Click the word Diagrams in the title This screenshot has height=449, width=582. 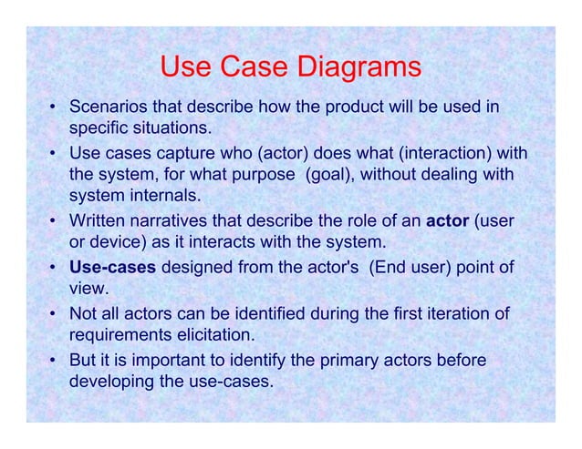[357, 68]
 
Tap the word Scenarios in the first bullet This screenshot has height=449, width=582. [107, 107]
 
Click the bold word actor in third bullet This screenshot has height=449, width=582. [447, 220]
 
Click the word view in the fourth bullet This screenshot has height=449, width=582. [88, 290]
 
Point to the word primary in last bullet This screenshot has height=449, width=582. [320, 362]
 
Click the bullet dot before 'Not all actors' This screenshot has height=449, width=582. [56, 316]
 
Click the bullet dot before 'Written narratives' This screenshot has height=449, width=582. [56, 221]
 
